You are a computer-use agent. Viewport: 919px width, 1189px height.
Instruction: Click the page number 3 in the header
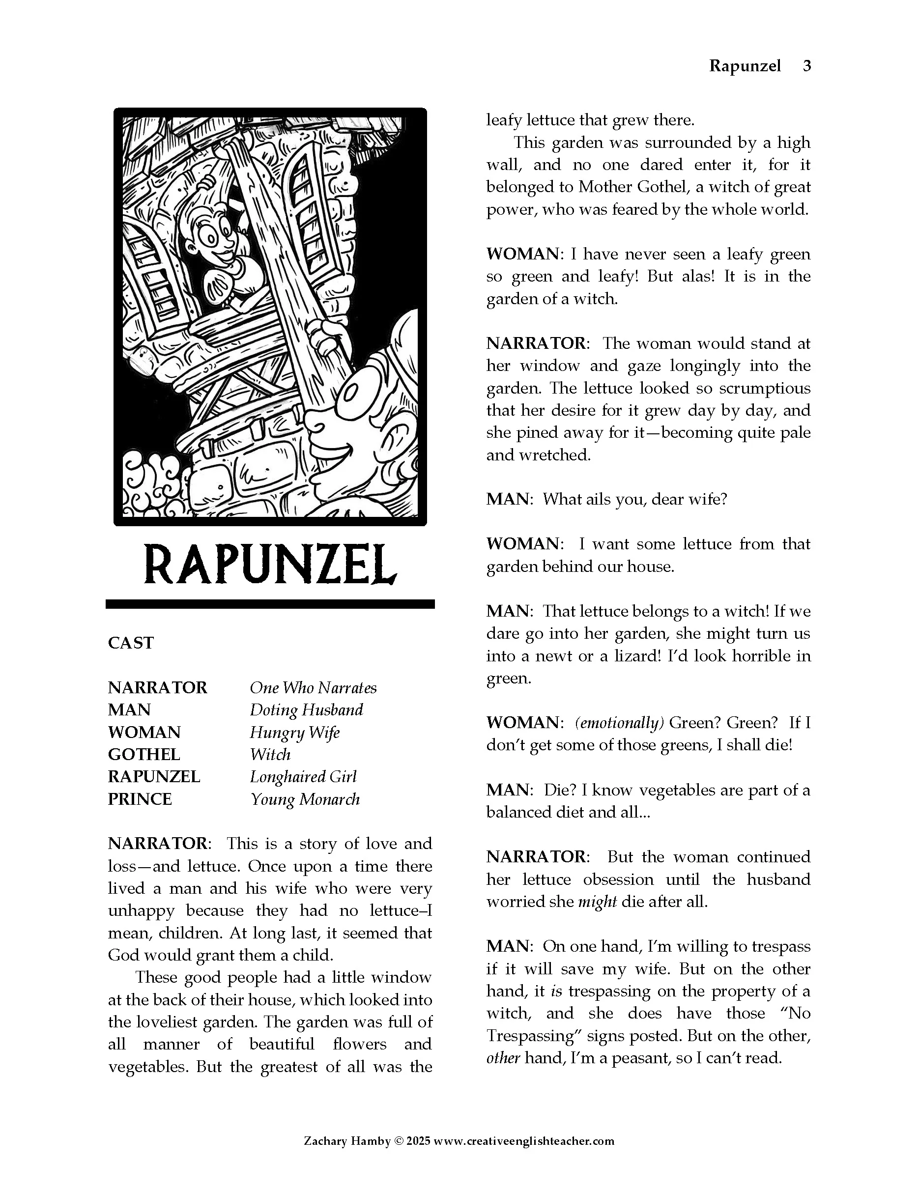pos(807,66)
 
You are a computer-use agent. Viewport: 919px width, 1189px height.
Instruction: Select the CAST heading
pos(131,643)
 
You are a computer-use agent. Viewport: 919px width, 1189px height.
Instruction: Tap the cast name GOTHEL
pos(144,755)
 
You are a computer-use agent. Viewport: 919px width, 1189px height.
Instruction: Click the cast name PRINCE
pos(140,799)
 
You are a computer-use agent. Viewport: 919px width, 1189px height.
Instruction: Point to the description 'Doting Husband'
pos(306,710)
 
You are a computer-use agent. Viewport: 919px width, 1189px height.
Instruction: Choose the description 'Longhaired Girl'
pos(303,777)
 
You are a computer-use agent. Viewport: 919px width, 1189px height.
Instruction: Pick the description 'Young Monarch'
pos(305,799)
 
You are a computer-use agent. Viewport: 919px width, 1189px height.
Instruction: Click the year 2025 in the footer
pos(419,1141)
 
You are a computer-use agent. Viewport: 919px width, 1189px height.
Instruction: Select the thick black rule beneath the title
pos(270,604)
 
